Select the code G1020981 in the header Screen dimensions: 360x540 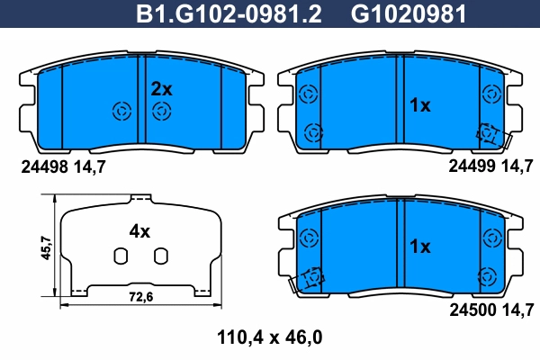pyautogui.click(x=395, y=14)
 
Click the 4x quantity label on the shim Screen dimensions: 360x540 pyautogui.click(x=139, y=231)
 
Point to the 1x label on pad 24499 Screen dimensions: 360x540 pyautogui.click(x=419, y=105)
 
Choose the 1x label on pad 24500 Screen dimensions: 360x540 pyautogui.click(x=419, y=246)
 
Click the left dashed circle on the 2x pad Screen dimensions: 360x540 pyautogui.click(x=120, y=112)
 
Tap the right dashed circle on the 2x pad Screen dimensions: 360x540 pyautogui.click(x=161, y=112)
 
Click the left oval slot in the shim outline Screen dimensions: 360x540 pyautogui.click(x=119, y=257)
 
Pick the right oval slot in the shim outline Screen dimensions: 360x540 pyautogui.click(x=160, y=257)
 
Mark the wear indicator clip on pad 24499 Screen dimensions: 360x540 pyautogui.click(x=490, y=134)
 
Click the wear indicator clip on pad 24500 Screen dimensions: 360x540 pyautogui.click(x=310, y=280)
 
